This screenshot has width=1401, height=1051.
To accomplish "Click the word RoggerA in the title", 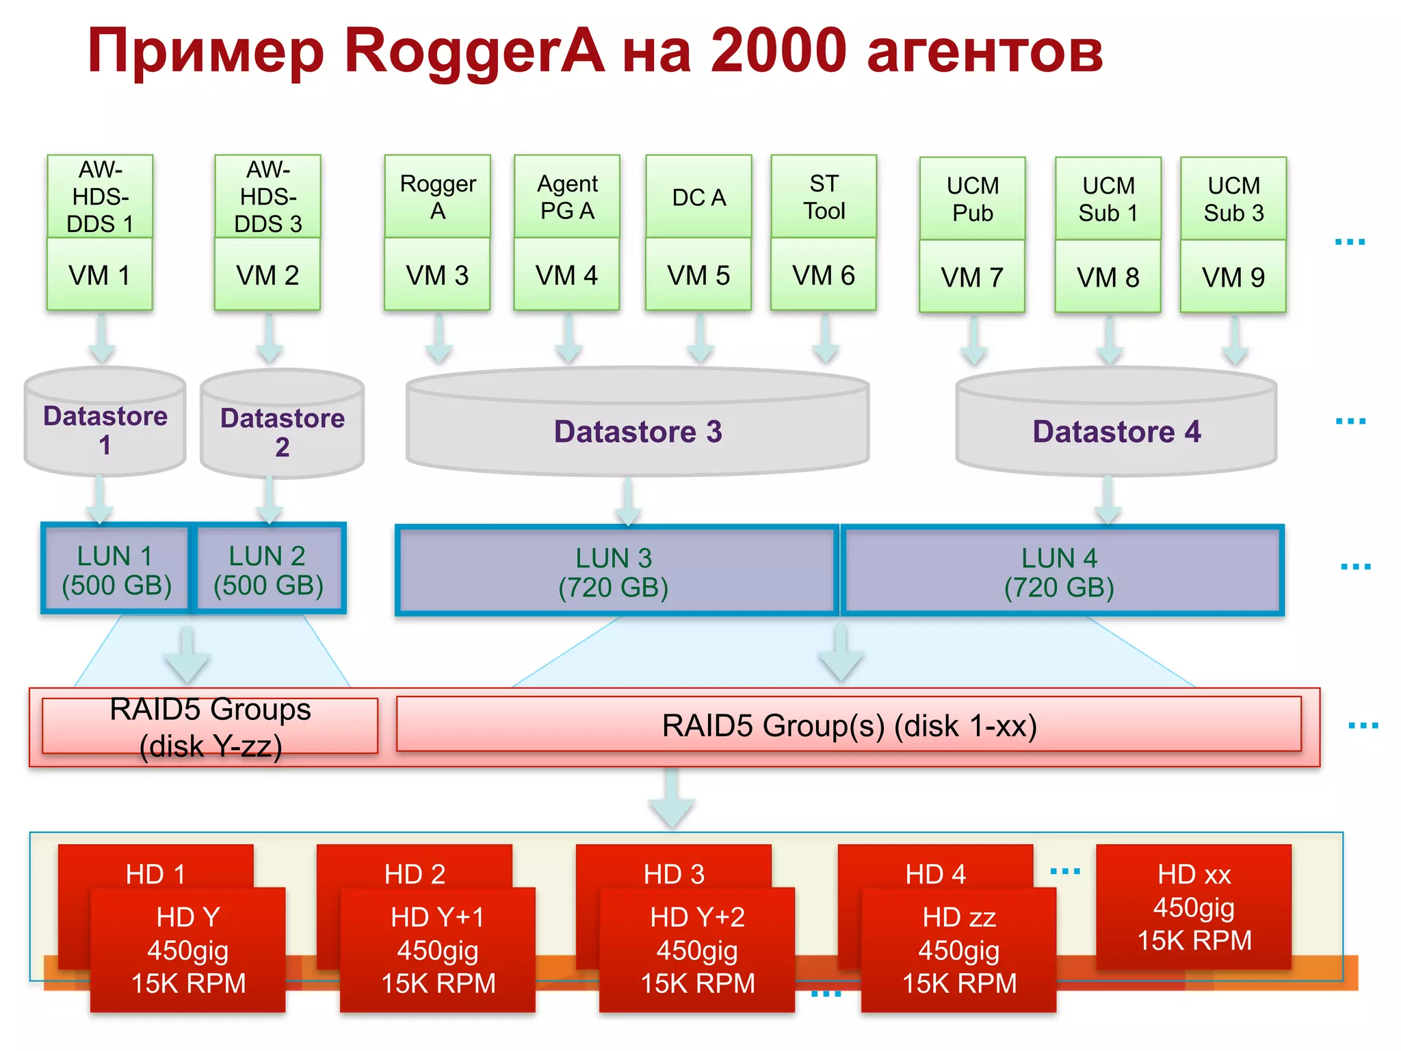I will point(474,51).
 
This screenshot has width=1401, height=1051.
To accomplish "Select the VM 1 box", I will point(100,275).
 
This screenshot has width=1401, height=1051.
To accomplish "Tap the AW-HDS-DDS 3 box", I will point(267,196).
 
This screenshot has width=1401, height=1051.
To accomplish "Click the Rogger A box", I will point(437,196).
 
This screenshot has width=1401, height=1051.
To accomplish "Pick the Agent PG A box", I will point(566,196).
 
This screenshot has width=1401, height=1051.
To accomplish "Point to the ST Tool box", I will point(824,196).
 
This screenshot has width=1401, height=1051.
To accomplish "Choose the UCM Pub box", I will point(972,198).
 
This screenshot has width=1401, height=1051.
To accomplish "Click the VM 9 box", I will point(1233,277).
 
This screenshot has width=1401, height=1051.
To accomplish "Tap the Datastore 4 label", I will point(1116,432).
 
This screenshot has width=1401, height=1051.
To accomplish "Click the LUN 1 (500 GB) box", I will point(116,570).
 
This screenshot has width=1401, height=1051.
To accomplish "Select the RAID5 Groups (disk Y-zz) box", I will point(210,727).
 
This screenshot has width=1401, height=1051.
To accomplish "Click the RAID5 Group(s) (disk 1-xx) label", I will point(849,725).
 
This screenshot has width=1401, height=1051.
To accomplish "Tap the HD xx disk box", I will point(1194,907).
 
